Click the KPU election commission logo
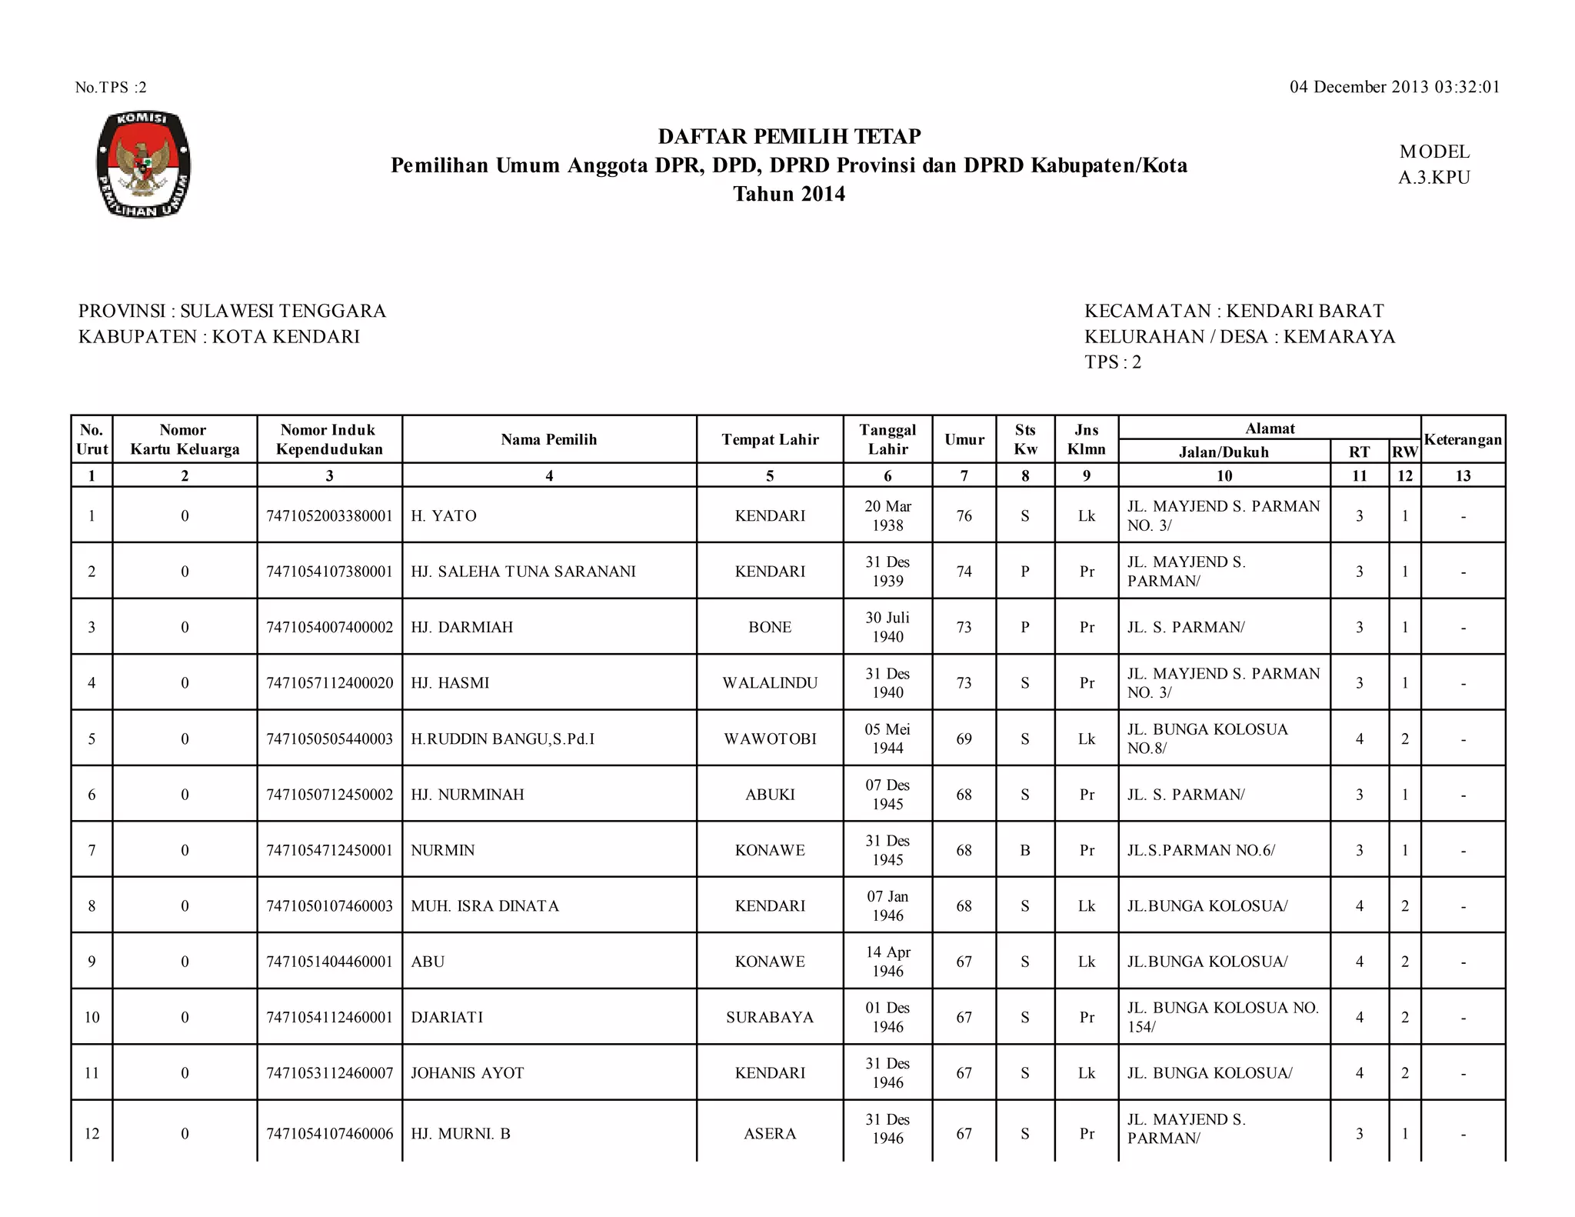click(143, 165)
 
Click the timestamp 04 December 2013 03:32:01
click(1394, 87)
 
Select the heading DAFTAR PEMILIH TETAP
click(789, 136)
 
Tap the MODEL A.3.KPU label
click(1434, 165)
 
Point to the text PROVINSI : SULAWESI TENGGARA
click(232, 311)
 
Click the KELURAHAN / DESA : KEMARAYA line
click(1239, 336)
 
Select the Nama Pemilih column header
click(549, 439)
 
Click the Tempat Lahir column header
click(770, 439)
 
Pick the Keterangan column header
click(1463, 439)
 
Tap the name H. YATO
click(444, 515)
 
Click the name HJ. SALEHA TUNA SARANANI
click(523, 572)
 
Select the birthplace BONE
click(770, 627)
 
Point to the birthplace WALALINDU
click(770, 683)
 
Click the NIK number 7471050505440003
click(329, 739)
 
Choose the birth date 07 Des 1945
click(887, 794)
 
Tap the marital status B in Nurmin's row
click(1025, 850)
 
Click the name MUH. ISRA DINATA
click(484, 905)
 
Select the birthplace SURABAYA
click(770, 1017)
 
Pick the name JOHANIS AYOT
click(467, 1072)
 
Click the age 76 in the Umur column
click(964, 515)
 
